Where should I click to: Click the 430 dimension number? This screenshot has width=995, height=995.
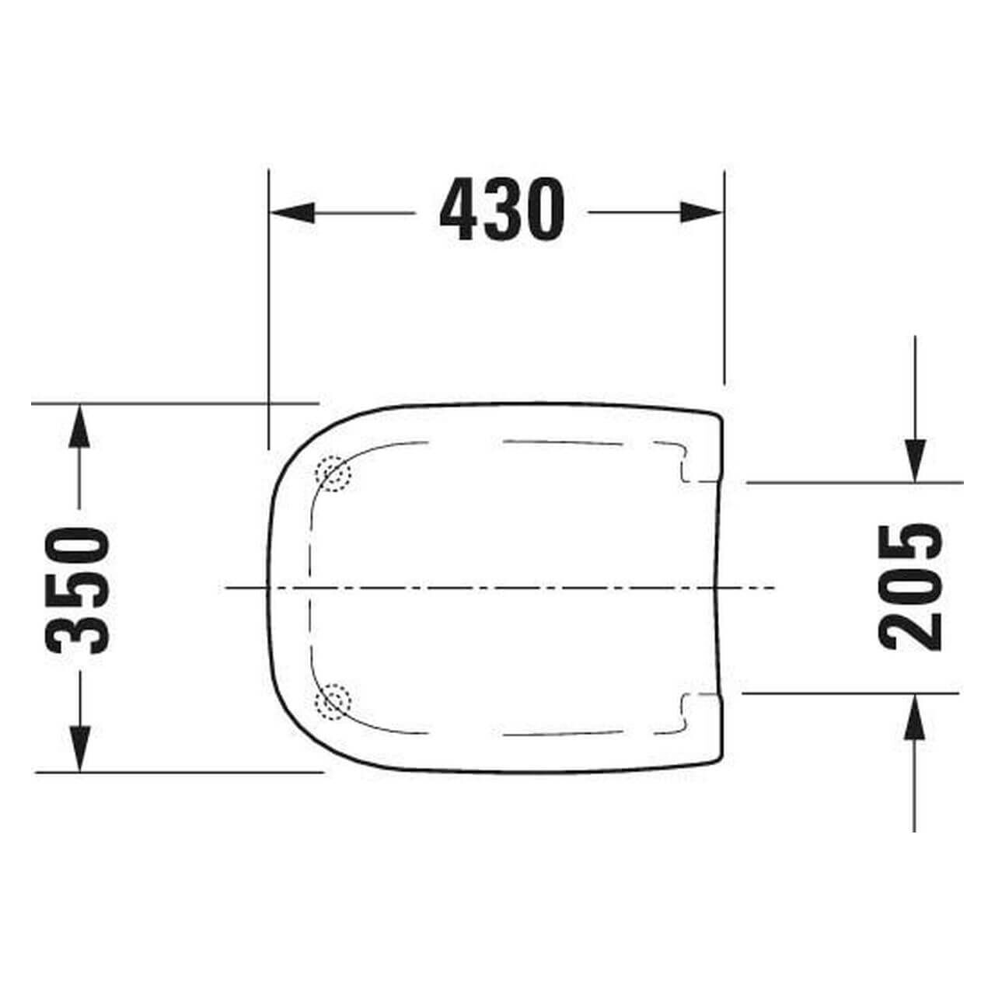tap(501, 210)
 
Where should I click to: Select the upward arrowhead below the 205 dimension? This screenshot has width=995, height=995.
tap(915, 716)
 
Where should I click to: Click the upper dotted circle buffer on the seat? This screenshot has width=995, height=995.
tap(333, 473)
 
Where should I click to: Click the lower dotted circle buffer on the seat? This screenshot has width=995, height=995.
tap(333, 703)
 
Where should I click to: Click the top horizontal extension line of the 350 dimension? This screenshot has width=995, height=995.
tap(155, 403)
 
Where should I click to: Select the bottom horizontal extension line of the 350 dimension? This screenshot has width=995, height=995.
tap(155, 773)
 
